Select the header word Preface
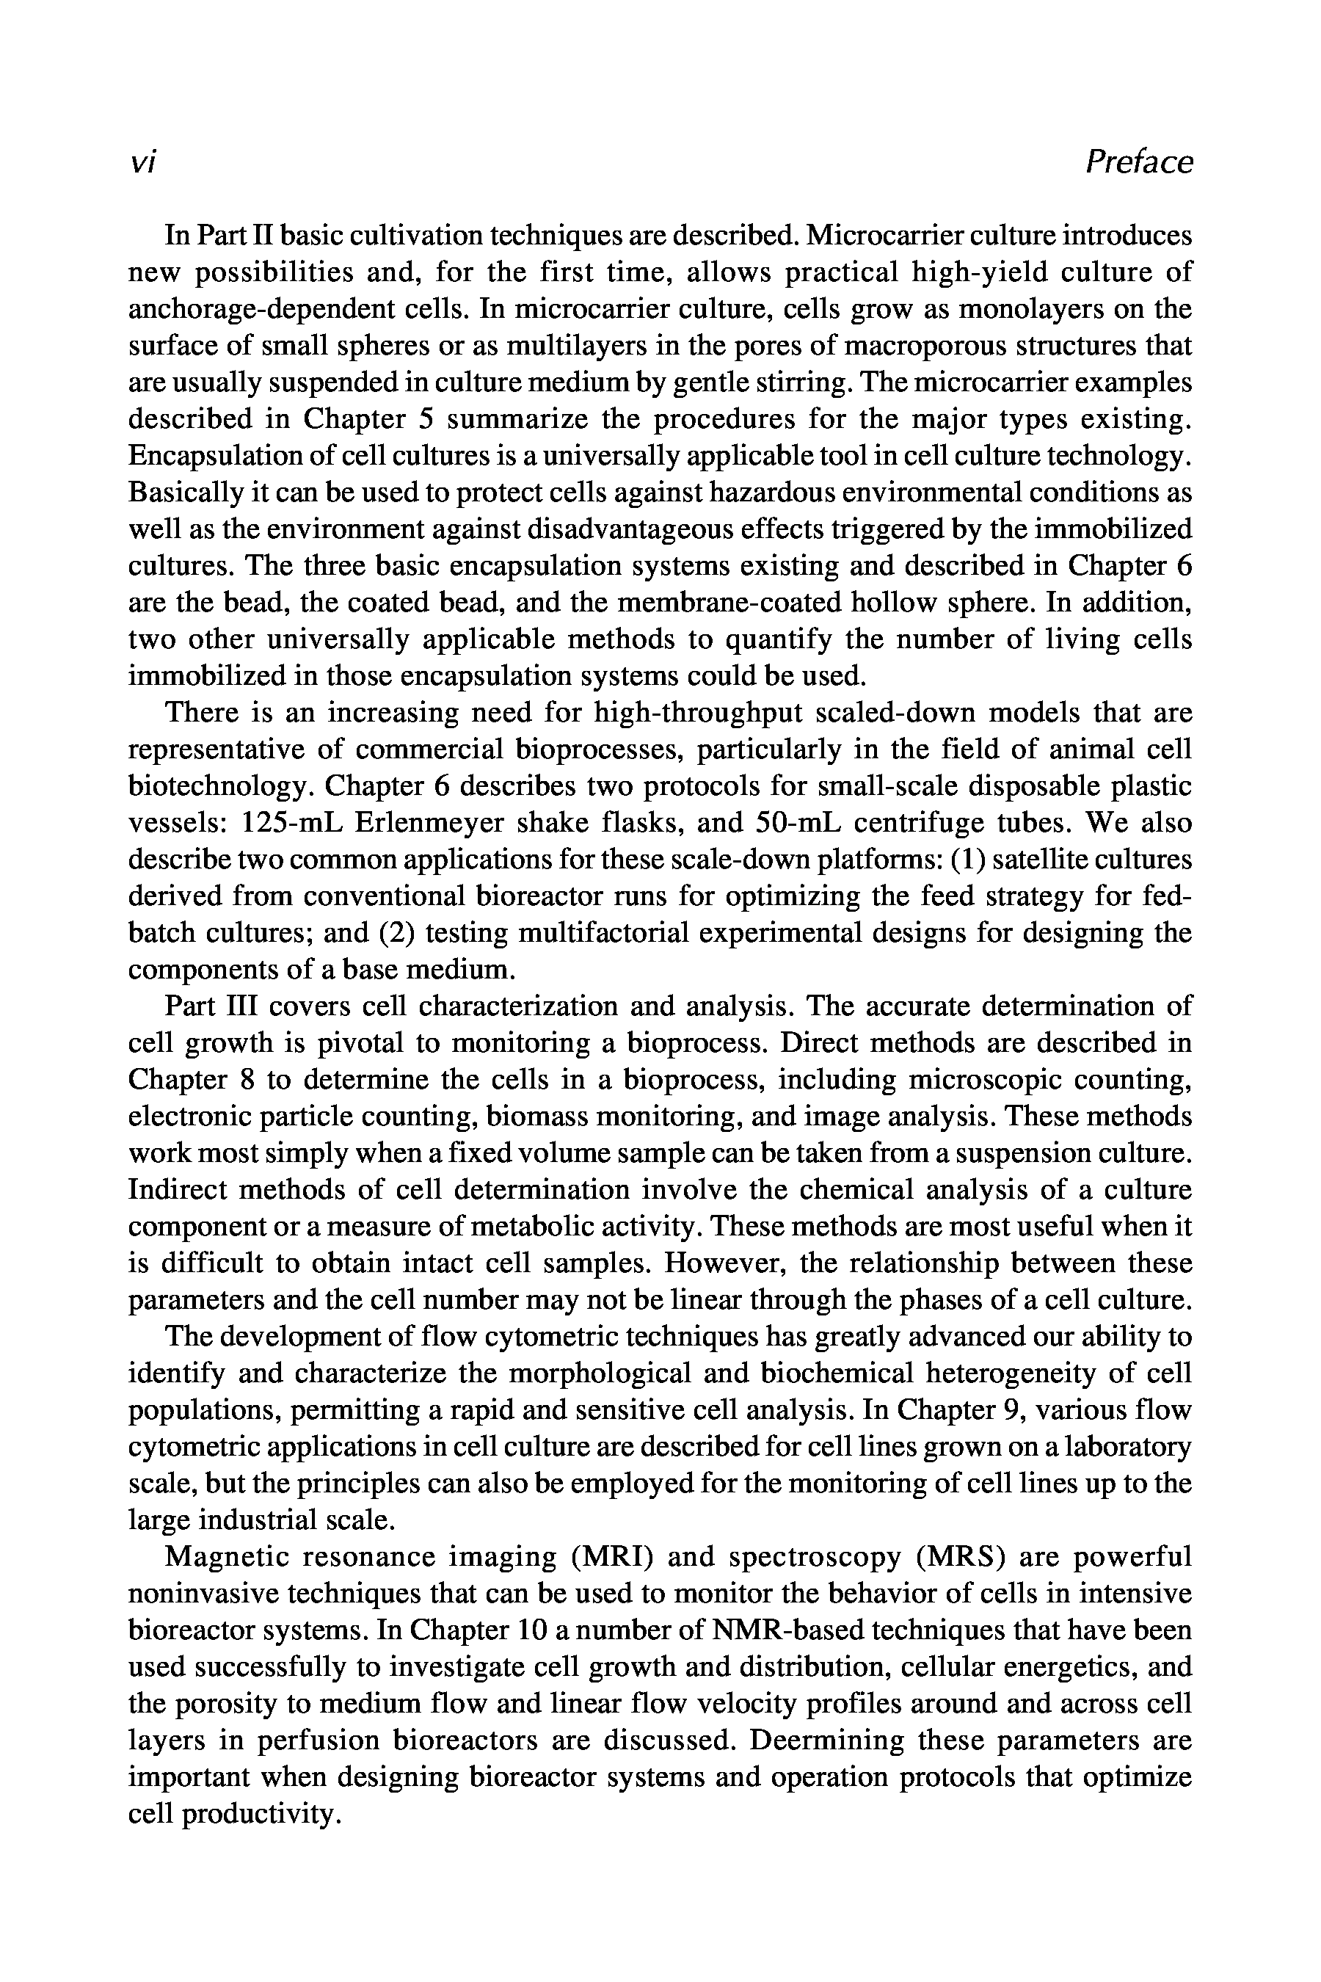coord(1139,161)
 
